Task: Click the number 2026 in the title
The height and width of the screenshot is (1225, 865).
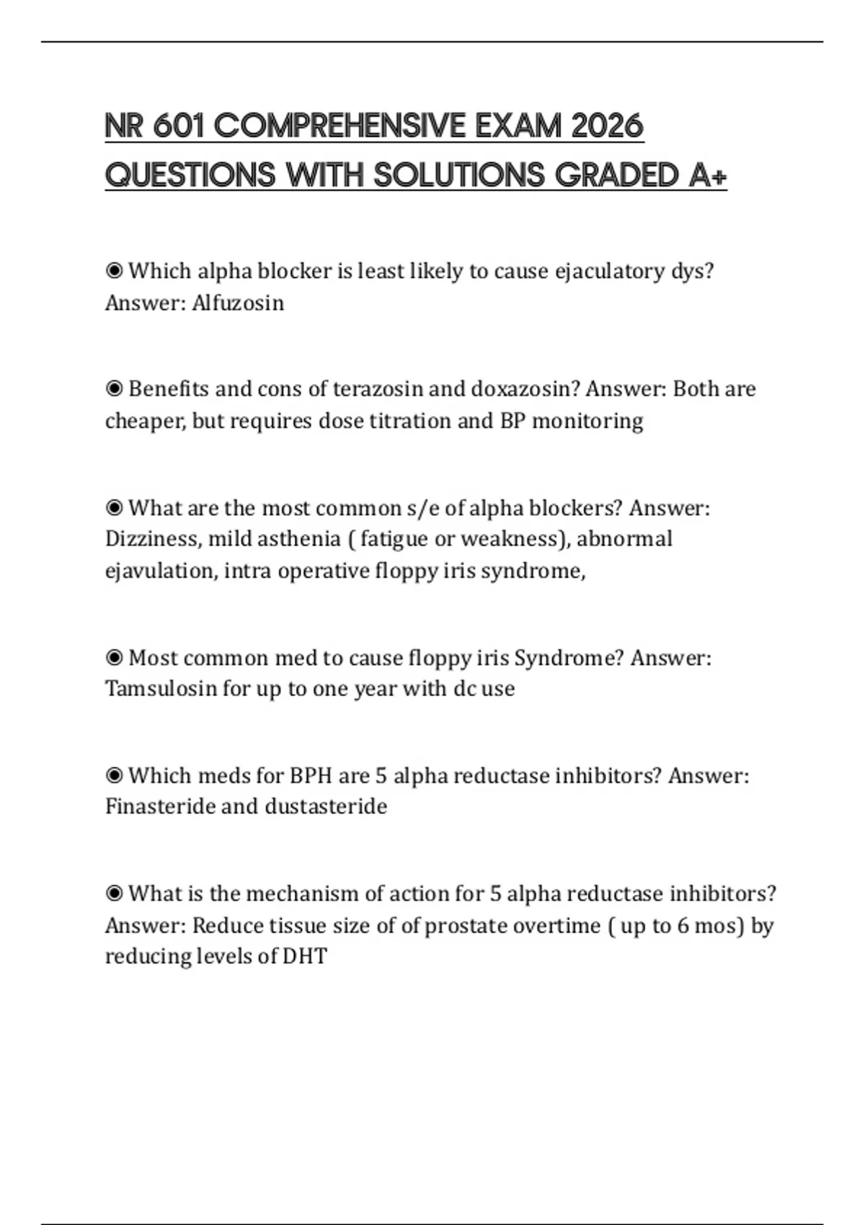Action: pyautogui.click(x=606, y=127)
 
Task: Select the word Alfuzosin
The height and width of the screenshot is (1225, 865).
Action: pyautogui.click(x=238, y=303)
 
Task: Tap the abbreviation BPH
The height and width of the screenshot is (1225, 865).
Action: pyautogui.click(x=311, y=776)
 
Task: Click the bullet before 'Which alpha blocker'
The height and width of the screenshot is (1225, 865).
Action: pyautogui.click(x=114, y=272)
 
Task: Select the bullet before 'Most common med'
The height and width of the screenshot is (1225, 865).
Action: pyautogui.click(x=114, y=658)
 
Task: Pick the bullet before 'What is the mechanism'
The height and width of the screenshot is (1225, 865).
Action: pyautogui.click(x=114, y=894)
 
